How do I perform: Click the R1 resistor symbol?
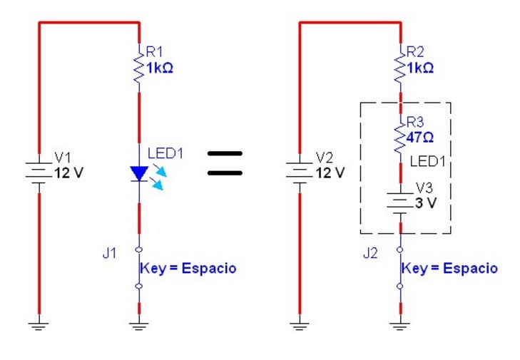(x=140, y=66)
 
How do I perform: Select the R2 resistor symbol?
(x=401, y=66)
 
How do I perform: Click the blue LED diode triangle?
(x=139, y=173)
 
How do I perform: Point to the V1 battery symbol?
(x=39, y=172)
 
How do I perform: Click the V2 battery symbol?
(x=300, y=172)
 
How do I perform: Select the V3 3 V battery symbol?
(x=401, y=202)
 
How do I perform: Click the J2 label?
(x=371, y=254)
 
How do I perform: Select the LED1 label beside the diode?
(x=165, y=153)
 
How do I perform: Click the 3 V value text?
(x=426, y=202)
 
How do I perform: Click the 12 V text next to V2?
(x=330, y=173)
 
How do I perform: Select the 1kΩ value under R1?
(x=160, y=69)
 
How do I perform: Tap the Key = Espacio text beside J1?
(x=188, y=269)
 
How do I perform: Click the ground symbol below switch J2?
(x=401, y=326)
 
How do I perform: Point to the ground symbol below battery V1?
(x=39, y=326)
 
